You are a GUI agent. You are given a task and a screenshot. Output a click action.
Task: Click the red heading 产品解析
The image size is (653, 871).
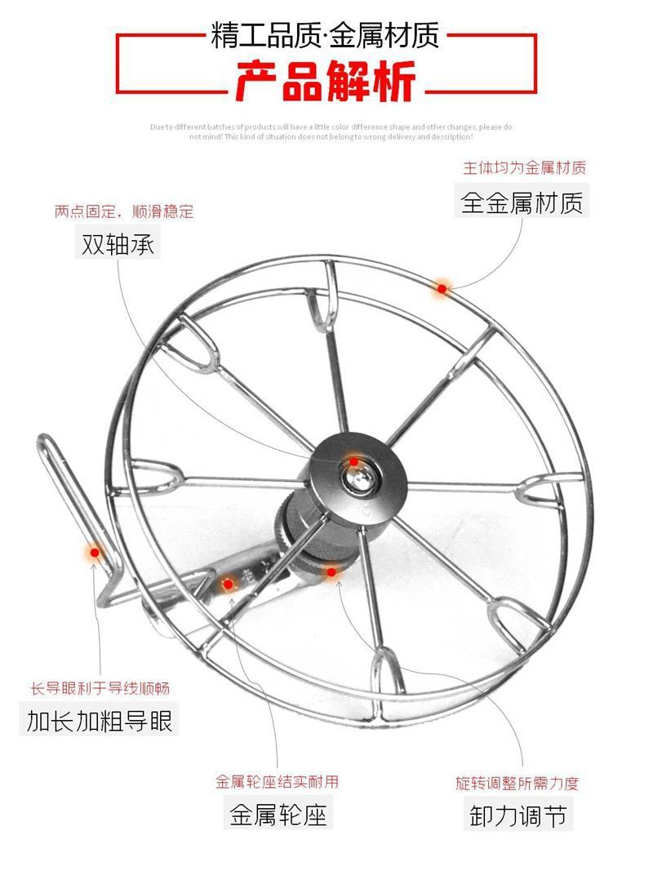point(326,81)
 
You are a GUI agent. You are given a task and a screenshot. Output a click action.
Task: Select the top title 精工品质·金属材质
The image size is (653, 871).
point(326,35)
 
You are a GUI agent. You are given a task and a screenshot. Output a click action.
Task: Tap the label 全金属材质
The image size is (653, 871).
point(522,202)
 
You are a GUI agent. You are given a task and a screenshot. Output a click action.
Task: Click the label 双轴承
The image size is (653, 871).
point(118,244)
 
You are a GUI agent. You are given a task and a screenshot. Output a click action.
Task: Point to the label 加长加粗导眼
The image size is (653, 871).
point(100,721)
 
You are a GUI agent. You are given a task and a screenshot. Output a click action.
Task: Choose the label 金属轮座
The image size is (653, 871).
point(278,814)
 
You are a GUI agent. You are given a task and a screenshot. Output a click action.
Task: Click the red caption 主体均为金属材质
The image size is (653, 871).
point(525,168)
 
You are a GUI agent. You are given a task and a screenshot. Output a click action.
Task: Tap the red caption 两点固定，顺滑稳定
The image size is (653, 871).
point(124,212)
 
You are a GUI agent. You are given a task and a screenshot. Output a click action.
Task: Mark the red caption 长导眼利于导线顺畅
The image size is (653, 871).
point(100,688)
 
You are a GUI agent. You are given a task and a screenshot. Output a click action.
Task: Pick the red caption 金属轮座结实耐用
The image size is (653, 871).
point(278,781)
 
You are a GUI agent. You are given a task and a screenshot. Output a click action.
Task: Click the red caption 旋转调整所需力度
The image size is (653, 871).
point(518,783)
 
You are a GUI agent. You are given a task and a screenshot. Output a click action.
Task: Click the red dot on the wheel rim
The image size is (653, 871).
point(442,287)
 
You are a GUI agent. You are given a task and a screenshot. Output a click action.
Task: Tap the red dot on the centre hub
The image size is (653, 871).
point(353,462)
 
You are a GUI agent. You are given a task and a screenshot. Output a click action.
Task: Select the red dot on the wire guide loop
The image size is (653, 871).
point(95,553)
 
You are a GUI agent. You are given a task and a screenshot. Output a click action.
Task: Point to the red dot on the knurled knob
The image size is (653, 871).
point(331,572)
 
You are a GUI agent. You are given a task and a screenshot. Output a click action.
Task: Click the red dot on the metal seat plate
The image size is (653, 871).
point(229,583)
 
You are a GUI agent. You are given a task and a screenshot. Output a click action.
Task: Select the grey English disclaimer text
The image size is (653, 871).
point(331,131)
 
